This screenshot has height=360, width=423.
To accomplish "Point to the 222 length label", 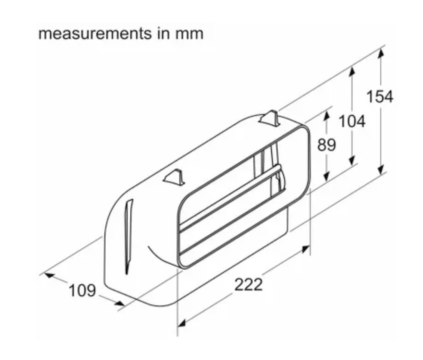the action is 248,284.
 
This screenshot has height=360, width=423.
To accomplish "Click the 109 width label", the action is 82,290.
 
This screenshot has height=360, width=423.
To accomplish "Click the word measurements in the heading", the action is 95,34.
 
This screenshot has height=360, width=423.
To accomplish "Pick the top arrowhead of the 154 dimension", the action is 381,53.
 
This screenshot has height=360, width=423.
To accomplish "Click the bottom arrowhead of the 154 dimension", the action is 381,169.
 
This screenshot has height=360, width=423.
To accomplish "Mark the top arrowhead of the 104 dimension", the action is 352,72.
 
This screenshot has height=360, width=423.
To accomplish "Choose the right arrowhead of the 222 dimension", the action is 305,250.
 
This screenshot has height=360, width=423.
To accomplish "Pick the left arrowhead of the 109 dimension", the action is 49,275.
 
